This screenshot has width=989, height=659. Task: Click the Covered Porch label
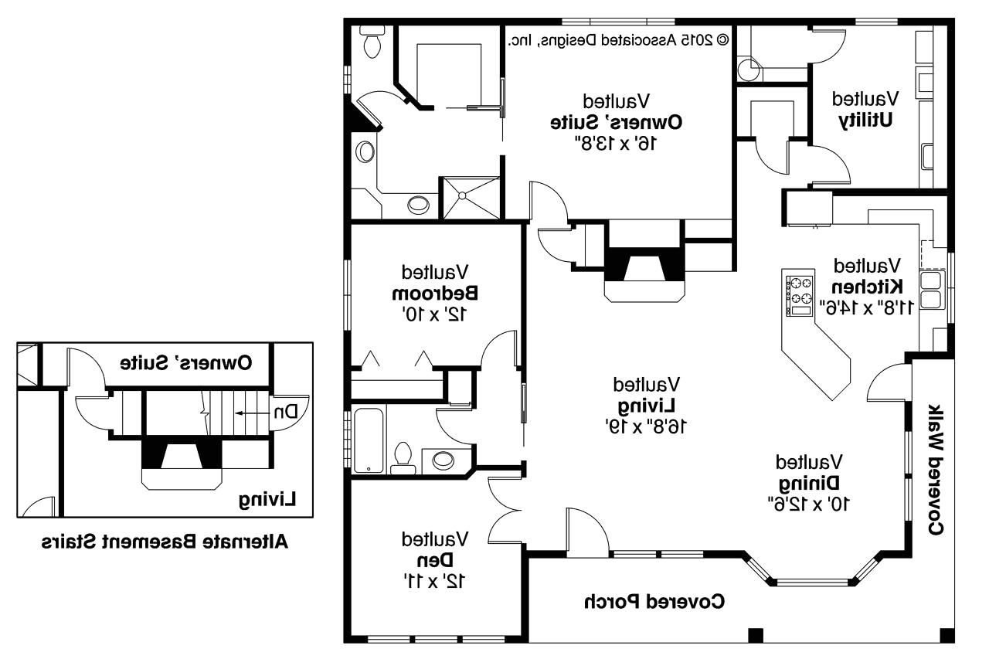[x=654, y=601]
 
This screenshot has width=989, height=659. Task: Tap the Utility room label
[x=865, y=121]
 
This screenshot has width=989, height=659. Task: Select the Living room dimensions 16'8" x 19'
[x=646, y=425]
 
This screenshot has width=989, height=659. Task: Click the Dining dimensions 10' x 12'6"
[x=808, y=503]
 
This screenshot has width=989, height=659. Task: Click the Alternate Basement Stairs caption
[x=164, y=541]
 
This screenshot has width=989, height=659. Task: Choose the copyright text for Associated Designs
[x=618, y=39]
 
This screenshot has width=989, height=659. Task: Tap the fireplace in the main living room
[x=644, y=270]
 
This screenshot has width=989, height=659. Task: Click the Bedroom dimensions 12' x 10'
[x=434, y=314]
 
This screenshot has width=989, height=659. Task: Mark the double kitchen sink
[x=932, y=290]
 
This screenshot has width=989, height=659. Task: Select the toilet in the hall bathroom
[x=403, y=457]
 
